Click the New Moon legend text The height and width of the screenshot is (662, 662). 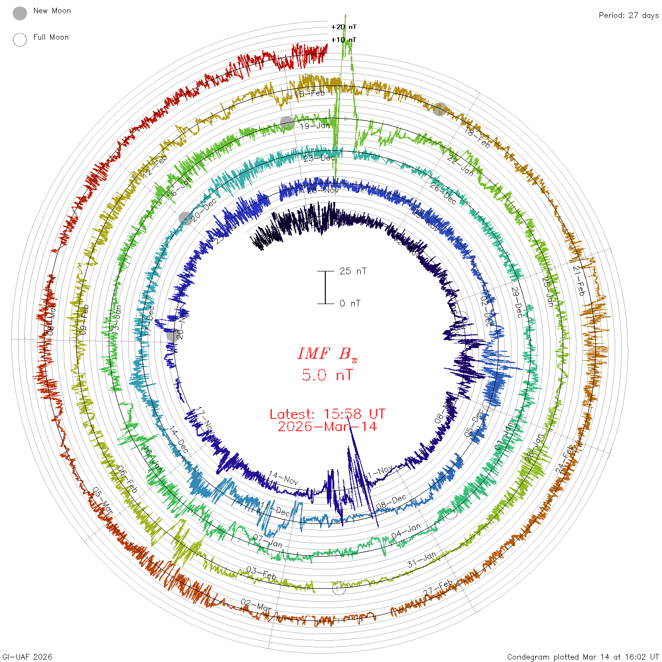coord(52,11)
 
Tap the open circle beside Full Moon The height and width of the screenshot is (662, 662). coord(20,40)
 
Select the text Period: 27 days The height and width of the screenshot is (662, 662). coord(628,16)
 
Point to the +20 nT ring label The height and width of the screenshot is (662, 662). coord(344,27)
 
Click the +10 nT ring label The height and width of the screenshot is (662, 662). coord(344,40)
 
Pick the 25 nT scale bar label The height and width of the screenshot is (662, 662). coord(353,271)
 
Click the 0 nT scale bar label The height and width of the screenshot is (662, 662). coord(350,304)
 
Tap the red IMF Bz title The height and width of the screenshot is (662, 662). coord(327,354)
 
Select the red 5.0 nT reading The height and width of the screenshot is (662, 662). coord(327,375)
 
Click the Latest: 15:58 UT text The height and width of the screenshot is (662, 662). coord(327,414)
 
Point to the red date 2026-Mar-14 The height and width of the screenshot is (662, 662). coord(327,427)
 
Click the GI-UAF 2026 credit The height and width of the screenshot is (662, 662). coord(27,657)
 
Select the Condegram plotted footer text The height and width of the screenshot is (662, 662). coord(583,657)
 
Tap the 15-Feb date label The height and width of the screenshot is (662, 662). coord(310,94)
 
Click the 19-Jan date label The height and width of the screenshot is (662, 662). coord(315,126)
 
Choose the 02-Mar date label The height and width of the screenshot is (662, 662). coord(256,605)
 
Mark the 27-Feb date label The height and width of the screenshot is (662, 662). coord(438,588)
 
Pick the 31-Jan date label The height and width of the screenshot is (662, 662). coord(422,560)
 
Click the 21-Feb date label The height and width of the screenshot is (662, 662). coord(579,280)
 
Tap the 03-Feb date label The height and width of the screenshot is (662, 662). coord(261,574)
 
